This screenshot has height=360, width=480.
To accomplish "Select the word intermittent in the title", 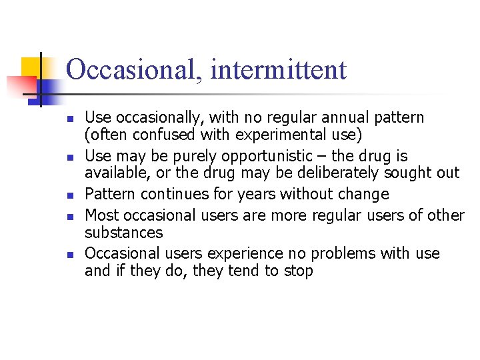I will [x=278, y=70].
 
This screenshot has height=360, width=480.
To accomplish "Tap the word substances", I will [x=123, y=233].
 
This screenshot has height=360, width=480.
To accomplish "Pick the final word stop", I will [x=299, y=271].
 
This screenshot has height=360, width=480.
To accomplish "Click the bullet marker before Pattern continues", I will [x=69, y=195].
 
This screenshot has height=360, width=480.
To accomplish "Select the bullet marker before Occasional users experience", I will [x=69, y=255].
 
